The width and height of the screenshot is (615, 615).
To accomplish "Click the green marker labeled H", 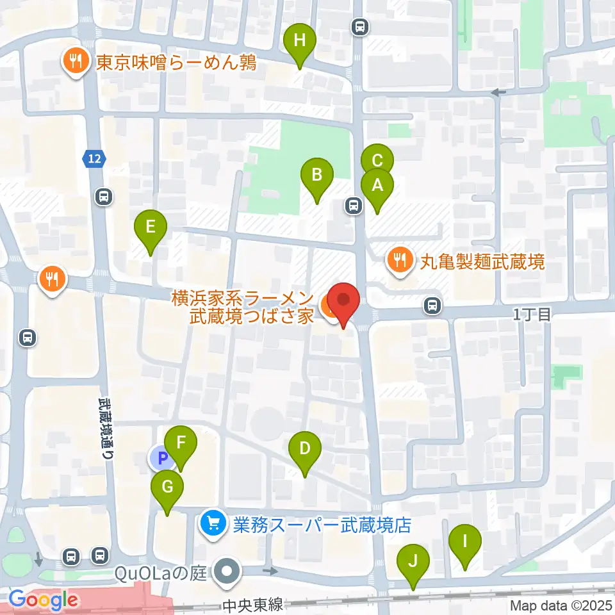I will point(300,42).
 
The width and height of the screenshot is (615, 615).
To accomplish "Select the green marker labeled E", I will point(151,228).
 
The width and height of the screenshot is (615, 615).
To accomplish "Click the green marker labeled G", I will point(167,488).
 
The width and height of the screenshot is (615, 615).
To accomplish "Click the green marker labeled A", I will point(377,186).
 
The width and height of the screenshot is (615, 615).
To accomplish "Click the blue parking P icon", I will point(161,457).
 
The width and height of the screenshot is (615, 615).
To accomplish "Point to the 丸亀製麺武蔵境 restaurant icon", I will point(400,261).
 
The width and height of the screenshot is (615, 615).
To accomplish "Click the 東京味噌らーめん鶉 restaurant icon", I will point(75,62).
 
